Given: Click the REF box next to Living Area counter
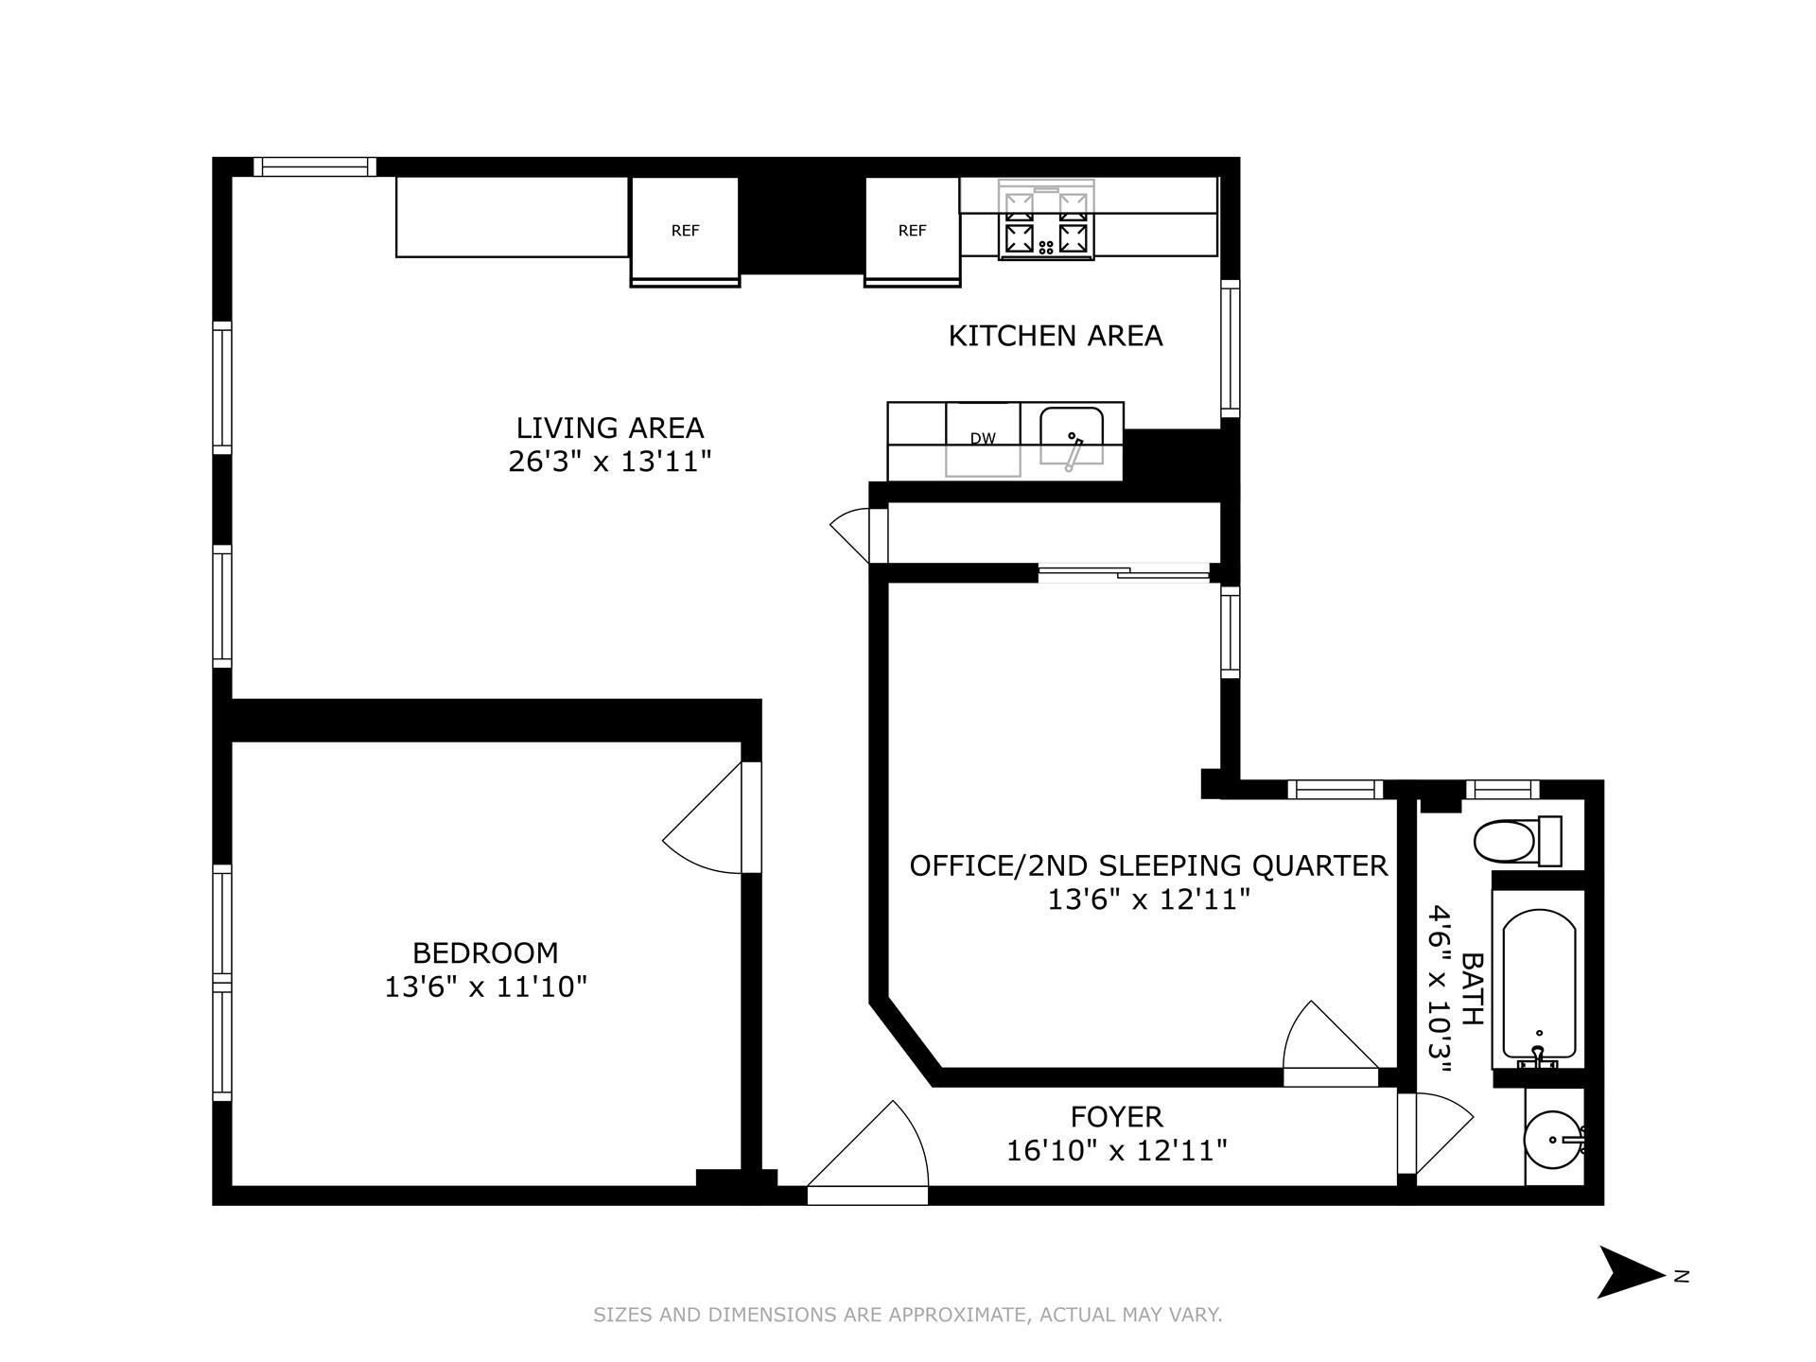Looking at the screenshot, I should click(685, 229).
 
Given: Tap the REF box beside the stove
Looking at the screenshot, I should click(912, 229).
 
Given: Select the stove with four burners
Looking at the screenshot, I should click(1046, 222).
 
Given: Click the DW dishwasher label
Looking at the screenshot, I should click(983, 439).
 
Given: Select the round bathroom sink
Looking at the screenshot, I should click(1552, 1140).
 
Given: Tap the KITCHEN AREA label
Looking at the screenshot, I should click(1055, 336).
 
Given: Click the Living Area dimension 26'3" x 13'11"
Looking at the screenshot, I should click(609, 463).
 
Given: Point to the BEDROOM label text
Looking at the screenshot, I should click(485, 952).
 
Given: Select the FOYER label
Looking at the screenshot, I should click(1116, 1117).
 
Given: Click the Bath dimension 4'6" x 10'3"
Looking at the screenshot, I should click(1441, 989).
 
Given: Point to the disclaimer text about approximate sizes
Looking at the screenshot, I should click(907, 1315).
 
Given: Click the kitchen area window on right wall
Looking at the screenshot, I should click(1230, 350).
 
